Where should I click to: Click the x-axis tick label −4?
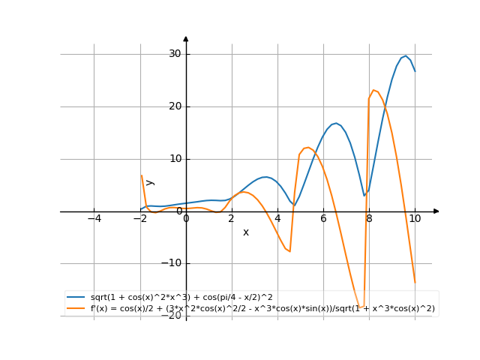click(x=94, y=219)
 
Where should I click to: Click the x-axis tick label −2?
click(x=139, y=219)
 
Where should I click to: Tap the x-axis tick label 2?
click(x=232, y=219)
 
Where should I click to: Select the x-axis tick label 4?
click(x=277, y=219)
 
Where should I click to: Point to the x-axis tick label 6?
click(x=323, y=219)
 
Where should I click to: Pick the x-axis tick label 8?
click(x=369, y=219)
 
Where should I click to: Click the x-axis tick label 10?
click(x=415, y=219)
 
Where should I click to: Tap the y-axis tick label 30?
click(x=175, y=54)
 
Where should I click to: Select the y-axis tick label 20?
click(x=175, y=106)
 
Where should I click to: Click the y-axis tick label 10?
click(x=175, y=159)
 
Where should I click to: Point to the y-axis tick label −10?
click(x=172, y=263)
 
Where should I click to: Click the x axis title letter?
click(x=245, y=232)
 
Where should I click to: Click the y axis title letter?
click(x=150, y=182)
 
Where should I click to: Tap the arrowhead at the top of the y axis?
click(x=186, y=38)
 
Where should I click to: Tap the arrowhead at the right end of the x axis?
click(x=436, y=211)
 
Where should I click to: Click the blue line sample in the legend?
click(x=76, y=298)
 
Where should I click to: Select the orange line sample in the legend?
click(x=76, y=308)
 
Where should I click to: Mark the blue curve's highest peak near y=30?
click(x=406, y=55)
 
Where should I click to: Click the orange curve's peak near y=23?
click(x=374, y=91)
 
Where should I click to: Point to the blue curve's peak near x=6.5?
click(x=335, y=123)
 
